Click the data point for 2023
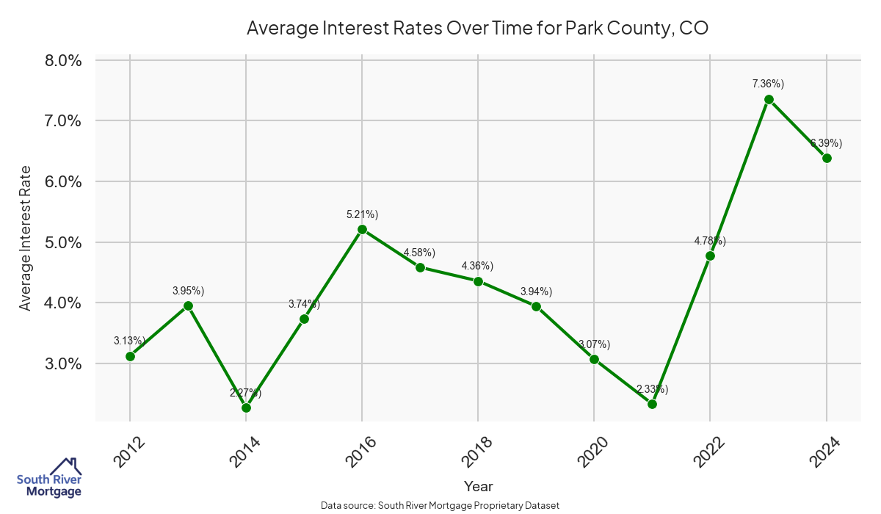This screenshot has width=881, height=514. pos(769,99)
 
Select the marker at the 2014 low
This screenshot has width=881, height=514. pos(246,408)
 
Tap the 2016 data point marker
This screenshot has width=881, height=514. pos(362,229)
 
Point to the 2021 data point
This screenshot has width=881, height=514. pos(652,404)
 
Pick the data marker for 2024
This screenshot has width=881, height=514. pos(827,158)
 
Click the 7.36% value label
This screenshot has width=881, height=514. pos(769,84)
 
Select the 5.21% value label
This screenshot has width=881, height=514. pos(362,214)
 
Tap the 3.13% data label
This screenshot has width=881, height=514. pos(130,341)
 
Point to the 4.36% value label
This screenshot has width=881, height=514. pos(478,266)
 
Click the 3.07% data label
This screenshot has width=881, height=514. pos(594,344)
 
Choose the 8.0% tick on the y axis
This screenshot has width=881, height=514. pos(63,60)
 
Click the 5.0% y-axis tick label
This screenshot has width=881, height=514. pos(63,242)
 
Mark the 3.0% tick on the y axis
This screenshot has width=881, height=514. pos(63,363)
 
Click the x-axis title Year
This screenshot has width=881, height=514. pos(479,486)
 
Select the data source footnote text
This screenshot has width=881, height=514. pos(440,506)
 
